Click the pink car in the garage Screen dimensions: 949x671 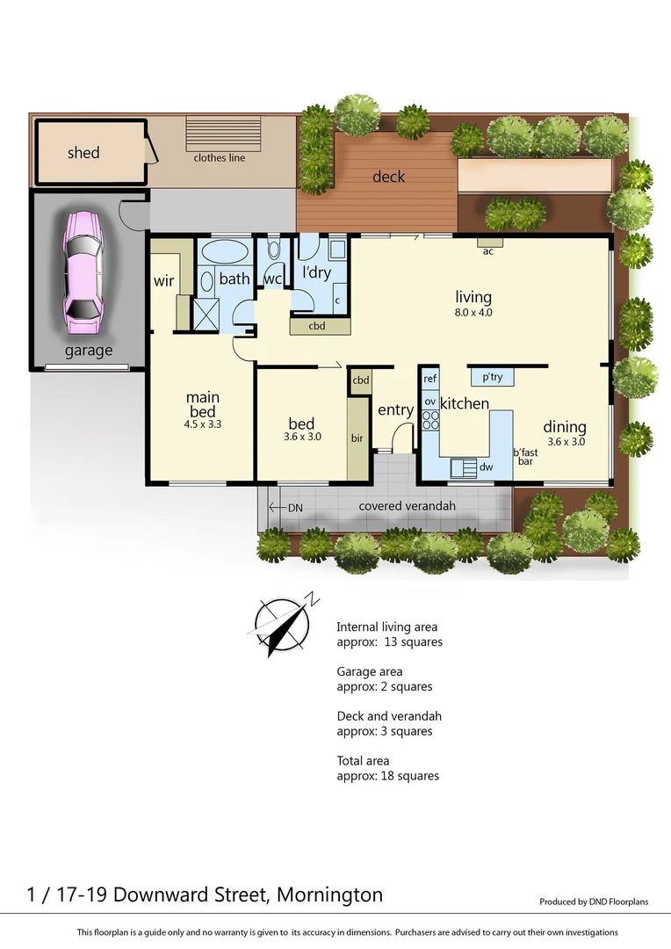82,273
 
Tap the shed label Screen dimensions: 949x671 83,153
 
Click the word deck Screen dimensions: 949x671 388,177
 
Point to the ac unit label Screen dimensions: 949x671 488,250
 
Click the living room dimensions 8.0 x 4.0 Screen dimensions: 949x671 473,311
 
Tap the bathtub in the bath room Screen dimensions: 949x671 225,254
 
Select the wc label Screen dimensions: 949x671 272,279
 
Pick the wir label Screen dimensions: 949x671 163,282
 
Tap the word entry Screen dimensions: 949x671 395,410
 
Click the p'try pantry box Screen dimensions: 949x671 492,378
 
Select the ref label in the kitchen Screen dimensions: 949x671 429,379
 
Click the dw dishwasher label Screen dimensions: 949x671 486,467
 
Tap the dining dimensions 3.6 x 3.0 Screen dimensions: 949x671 565,442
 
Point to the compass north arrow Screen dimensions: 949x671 282,625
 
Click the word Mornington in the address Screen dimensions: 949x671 329,895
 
